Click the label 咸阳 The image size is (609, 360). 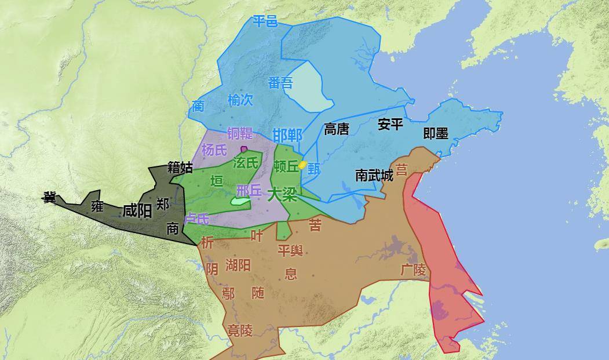137,211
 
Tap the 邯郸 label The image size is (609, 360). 287,136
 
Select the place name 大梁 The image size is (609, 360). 282,194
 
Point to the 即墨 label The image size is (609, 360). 436,134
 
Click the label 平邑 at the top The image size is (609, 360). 265,22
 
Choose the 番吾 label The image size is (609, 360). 281,83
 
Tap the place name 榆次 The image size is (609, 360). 240,100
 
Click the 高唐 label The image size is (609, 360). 336,129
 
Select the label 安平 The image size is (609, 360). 390,124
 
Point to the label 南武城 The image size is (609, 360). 374,174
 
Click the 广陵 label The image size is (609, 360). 413,270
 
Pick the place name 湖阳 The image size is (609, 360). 238,266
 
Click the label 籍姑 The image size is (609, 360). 180,168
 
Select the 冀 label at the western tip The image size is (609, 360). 49,198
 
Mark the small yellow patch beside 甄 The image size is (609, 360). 302,165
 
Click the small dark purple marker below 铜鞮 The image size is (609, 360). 244,149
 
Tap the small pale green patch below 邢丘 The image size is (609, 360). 240,201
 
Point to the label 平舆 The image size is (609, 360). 290,250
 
